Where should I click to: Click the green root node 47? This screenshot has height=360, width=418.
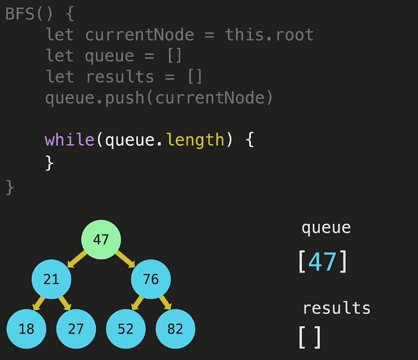101,240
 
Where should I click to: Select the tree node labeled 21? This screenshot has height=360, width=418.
51,280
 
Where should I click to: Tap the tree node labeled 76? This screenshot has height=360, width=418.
151,280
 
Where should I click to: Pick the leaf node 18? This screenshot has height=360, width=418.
26,329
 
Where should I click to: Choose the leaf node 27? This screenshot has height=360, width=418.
76,329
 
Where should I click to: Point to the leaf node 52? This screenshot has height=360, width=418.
126,329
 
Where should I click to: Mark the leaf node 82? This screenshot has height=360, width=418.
176,329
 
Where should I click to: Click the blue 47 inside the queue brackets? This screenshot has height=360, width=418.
322,262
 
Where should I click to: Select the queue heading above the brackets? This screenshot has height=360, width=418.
326,228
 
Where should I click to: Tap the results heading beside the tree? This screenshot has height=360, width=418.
337,308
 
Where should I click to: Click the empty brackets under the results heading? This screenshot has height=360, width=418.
310,337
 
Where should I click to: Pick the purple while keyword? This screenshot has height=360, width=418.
69,140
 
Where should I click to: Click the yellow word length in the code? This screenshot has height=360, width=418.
195,140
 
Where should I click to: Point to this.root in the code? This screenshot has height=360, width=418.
269,35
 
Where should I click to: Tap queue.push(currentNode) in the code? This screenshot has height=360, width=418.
159,98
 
